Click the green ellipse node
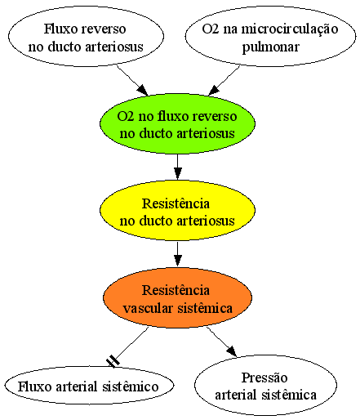(177, 124)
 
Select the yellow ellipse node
(177, 210)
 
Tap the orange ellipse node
(177, 297)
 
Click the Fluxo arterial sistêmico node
(89, 385)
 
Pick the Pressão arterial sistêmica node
(265, 385)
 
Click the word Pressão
(264, 378)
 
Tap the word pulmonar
(271, 47)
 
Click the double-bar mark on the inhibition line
(113, 361)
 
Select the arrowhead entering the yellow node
(177, 174)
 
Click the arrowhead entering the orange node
(177, 261)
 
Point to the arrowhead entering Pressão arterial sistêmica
(232, 351)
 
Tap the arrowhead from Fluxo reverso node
(143, 90)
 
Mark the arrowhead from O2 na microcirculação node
(214, 90)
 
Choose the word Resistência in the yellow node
(176, 203)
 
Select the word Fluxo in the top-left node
(59, 29)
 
